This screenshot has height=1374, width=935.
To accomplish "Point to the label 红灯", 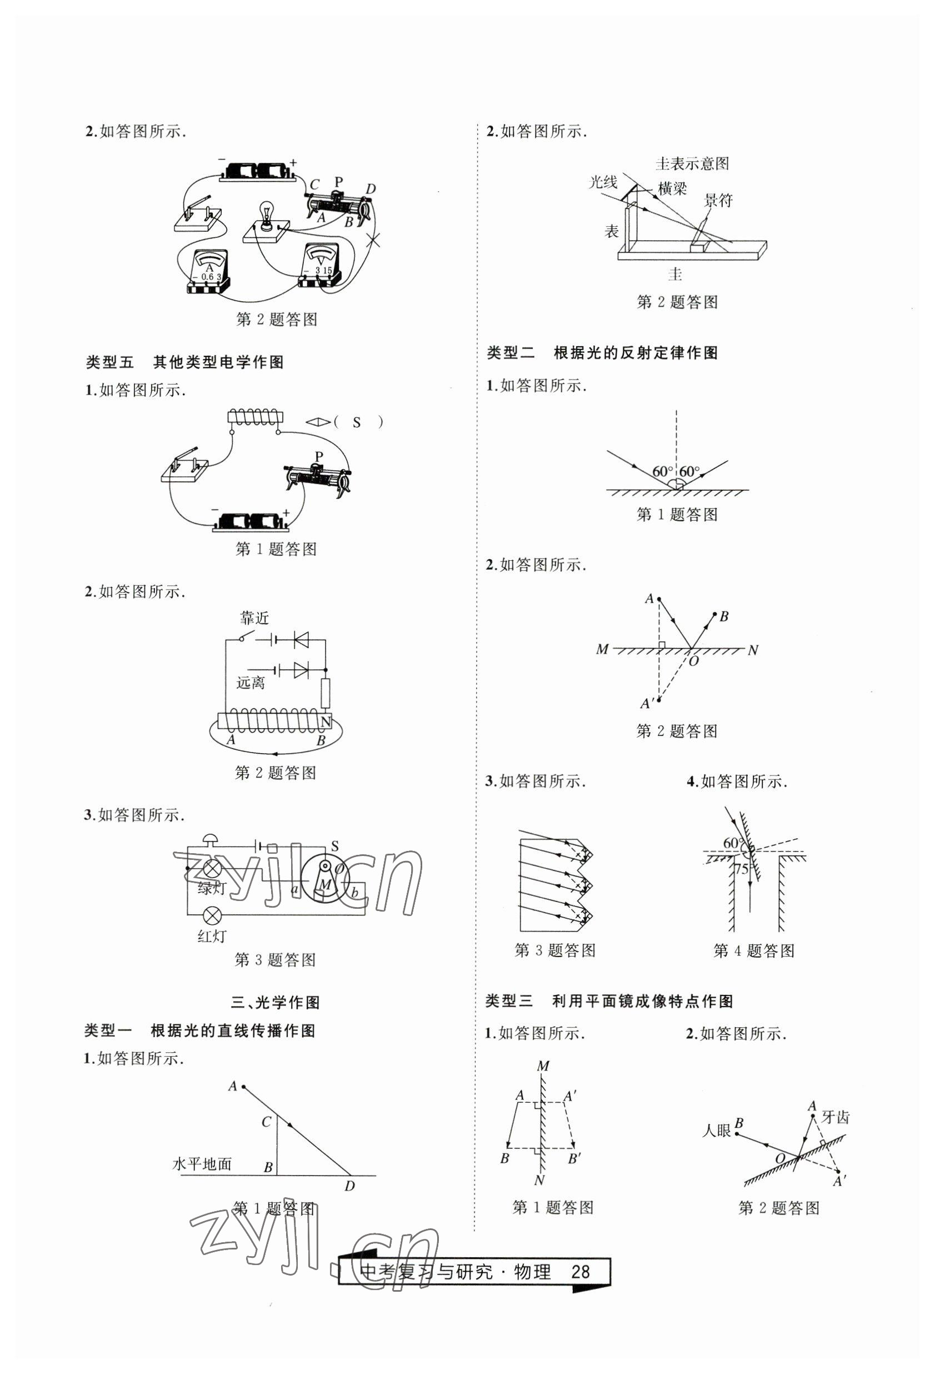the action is click(x=212, y=936).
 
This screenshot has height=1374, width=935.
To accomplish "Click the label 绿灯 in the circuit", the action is click(x=212, y=888).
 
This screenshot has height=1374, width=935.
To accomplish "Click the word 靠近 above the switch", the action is click(x=255, y=619).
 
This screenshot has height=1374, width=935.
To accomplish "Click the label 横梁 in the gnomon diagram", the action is click(x=672, y=189).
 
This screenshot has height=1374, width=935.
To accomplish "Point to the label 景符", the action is click(x=718, y=201).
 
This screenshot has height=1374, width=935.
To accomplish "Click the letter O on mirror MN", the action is click(x=693, y=661).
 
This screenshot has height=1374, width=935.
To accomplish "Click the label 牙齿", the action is click(x=835, y=1117).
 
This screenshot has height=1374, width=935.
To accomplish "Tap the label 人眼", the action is click(x=716, y=1131).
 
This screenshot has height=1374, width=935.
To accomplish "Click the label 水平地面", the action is click(x=202, y=1164).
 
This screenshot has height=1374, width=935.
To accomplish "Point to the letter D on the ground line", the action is click(x=350, y=1186).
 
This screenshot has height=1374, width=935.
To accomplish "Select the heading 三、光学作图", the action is click(x=276, y=1002).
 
